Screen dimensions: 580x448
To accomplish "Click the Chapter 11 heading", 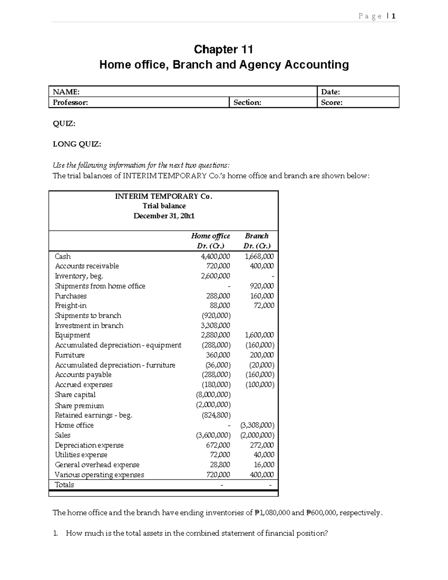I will [223, 49].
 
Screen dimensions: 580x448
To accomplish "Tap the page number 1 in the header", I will [393, 16].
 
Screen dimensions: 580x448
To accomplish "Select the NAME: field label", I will [66, 92].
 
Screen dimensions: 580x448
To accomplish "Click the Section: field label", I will [247, 102].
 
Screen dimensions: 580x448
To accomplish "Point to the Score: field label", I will [332, 102].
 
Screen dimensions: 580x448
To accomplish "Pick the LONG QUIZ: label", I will [77, 144].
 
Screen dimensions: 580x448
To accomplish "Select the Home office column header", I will [211, 236].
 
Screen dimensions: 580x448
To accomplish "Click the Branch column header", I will [256, 236].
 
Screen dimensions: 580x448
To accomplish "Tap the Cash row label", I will [63, 257].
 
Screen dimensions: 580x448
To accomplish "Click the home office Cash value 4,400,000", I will [215, 257].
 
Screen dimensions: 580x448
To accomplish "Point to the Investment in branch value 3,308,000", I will [215, 326].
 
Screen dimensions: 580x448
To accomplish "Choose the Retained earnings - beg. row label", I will [93, 415].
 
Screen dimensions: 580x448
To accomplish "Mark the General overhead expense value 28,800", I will [220, 465].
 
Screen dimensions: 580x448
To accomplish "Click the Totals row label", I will [65, 485].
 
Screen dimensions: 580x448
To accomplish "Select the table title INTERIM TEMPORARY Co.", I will [164, 196].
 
